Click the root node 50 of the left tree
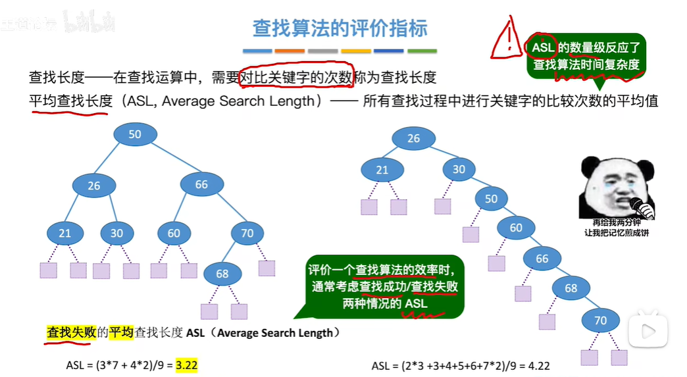[x=135, y=134]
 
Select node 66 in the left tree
[x=201, y=185]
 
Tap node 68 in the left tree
[x=222, y=273]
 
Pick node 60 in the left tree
[x=174, y=233]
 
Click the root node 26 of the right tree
[x=413, y=138]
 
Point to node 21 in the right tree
[x=382, y=169]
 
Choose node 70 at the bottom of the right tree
[x=600, y=321]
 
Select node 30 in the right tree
[x=459, y=169]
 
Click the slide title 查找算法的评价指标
[x=340, y=28]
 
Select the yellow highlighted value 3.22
[x=187, y=365]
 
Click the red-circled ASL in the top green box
[x=542, y=47]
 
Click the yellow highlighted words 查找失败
[x=71, y=333]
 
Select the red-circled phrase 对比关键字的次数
[x=297, y=77]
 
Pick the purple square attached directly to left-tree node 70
[x=267, y=268]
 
